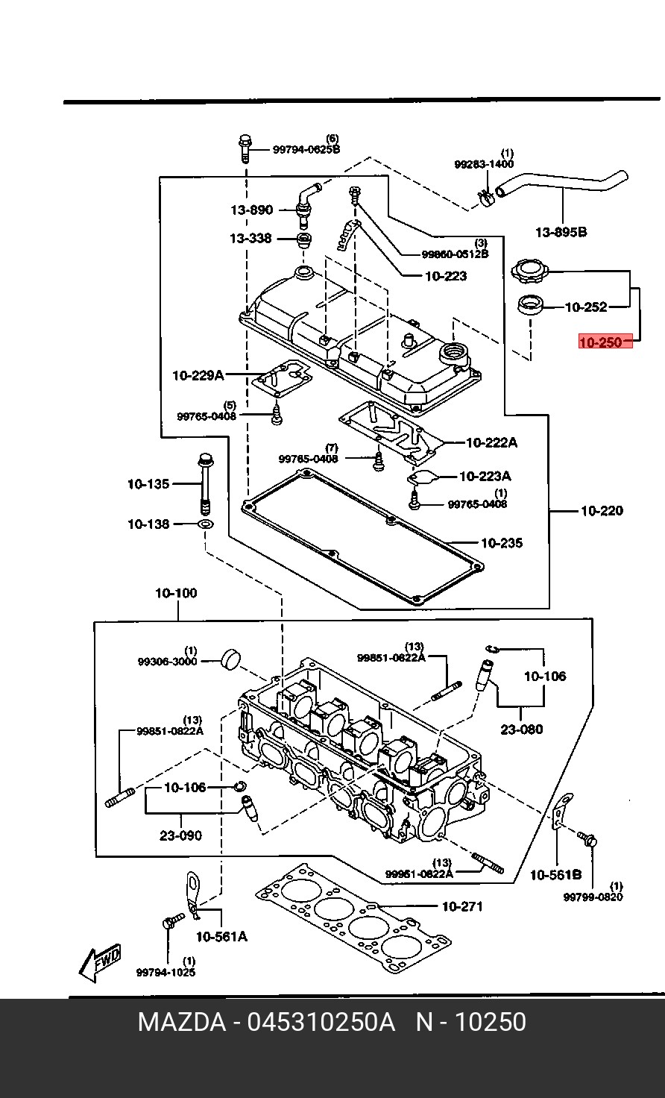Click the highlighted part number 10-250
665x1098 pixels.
click(601, 342)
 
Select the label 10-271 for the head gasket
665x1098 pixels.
click(462, 906)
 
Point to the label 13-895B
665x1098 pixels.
click(561, 232)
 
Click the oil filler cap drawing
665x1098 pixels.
click(530, 270)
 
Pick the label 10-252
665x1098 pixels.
click(586, 307)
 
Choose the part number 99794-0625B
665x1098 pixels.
click(306, 149)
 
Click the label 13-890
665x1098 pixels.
click(251, 210)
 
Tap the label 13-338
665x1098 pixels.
click(250, 238)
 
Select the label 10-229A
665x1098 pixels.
click(198, 375)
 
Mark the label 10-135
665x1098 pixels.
click(148, 484)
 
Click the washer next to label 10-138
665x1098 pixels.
click(206, 524)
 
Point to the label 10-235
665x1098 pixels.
click(502, 542)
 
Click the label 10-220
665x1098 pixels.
click(602, 511)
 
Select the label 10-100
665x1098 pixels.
click(176, 593)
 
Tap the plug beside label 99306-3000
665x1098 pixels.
click(231, 659)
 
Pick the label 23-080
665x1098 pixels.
click(521, 730)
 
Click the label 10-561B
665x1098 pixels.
click(556, 874)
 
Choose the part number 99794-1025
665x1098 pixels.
click(166, 972)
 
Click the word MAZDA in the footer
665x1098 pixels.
click(182, 1023)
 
